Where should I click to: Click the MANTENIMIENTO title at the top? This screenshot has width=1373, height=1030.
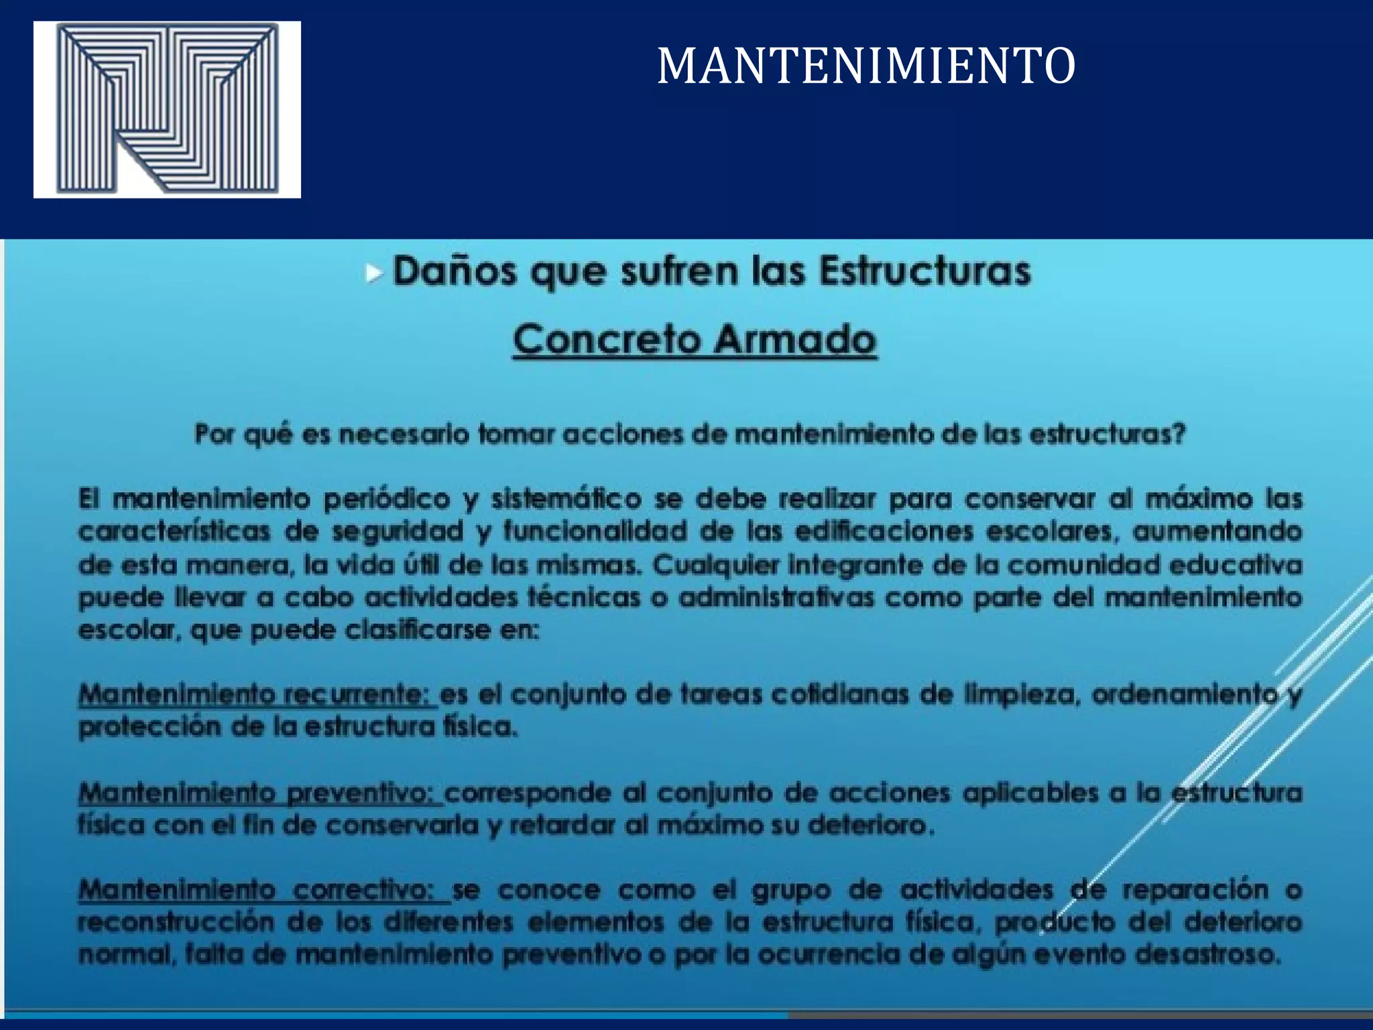[866, 66]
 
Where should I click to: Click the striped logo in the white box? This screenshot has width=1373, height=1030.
[167, 109]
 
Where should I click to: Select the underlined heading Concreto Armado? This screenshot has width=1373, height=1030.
[695, 340]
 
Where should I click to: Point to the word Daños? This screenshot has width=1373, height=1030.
[454, 272]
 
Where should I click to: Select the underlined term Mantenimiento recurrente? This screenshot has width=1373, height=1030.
[257, 695]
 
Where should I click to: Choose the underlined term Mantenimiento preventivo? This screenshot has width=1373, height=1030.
[260, 793]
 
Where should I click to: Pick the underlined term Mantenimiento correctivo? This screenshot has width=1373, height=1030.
[264, 891]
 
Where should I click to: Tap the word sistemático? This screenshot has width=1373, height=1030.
[566, 500]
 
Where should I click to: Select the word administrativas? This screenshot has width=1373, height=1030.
[776, 597]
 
